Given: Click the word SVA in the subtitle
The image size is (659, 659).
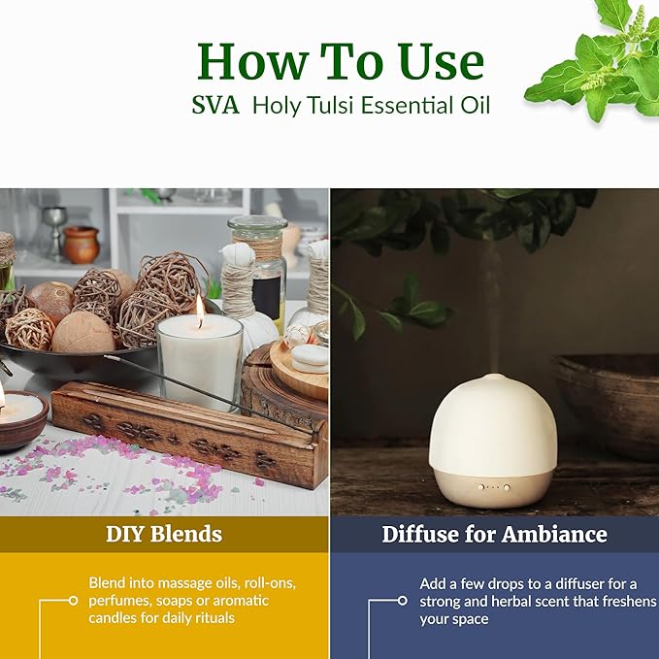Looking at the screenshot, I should click(215, 105).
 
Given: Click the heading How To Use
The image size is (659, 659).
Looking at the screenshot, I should click(340, 61).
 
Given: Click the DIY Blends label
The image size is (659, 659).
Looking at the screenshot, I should click(164, 534).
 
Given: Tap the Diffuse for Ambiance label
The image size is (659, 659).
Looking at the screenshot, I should click(494, 534).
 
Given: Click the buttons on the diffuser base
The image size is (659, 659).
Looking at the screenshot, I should click(492, 486).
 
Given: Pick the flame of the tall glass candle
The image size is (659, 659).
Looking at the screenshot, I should click(200, 310).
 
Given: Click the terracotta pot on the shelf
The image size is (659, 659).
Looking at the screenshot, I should click(82, 245).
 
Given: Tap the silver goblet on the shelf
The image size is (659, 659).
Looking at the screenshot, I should click(54, 228).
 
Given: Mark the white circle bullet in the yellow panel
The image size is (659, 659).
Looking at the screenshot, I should click(73, 601).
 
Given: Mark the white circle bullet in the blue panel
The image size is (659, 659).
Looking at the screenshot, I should click(403, 601).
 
